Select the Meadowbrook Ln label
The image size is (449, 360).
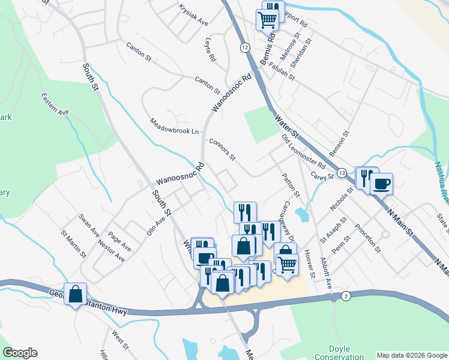[x=174, y=126]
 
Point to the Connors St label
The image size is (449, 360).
[x=222, y=150]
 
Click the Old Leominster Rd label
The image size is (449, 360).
[x=303, y=152]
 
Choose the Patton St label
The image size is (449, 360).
[x=291, y=185]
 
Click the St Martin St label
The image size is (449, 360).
[x=73, y=243]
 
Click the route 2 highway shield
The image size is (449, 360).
[x=346, y=296]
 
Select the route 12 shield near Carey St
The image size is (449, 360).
[x=340, y=173]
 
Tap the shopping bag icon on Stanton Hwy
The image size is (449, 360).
[x=76, y=294]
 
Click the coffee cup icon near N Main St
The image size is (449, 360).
[x=381, y=184]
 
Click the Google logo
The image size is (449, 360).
[x=20, y=353]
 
